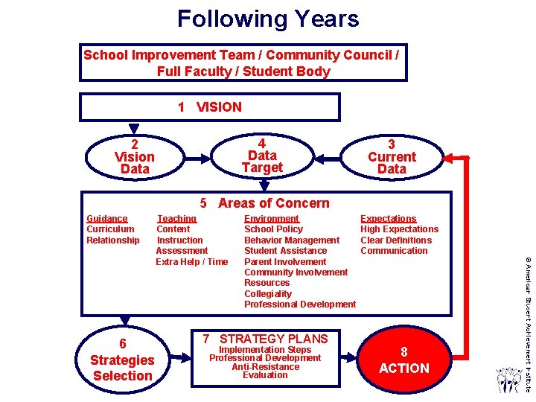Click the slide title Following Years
tap(268, 19)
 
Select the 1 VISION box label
tap(210, 107)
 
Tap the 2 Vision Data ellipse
tap(135, 157)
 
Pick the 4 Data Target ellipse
tap(262, 156)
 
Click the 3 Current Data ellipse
tap(392, 157)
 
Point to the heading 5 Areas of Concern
tap(265, 203)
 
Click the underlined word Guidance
tap(107, 219)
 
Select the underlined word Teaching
tap(176, 219)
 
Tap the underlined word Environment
tap(272, 219)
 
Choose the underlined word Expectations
tap(389, 219)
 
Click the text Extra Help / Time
tap(192, 261)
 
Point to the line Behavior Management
tap(292, 240)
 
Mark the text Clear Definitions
tap(396, 240)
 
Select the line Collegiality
tap(268, 294)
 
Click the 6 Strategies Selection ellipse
tap(122, 360)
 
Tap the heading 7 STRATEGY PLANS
tap(265, 339)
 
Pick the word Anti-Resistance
tap(265, 366)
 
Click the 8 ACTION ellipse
tap(403, 360)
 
